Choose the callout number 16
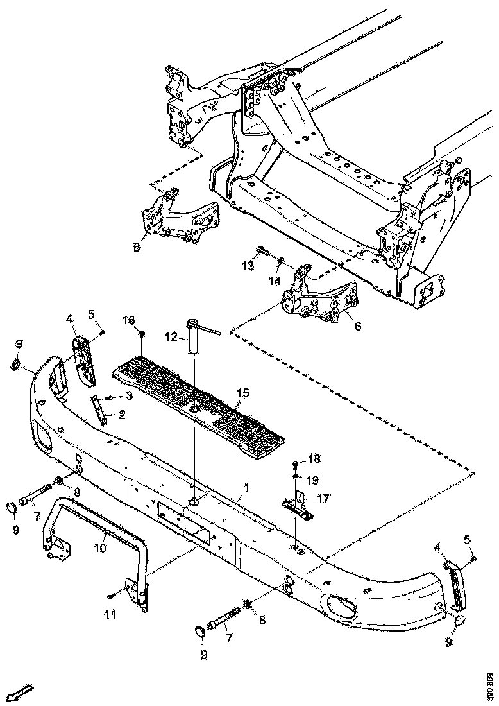pos(129,319)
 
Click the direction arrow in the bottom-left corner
pos(22,692)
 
